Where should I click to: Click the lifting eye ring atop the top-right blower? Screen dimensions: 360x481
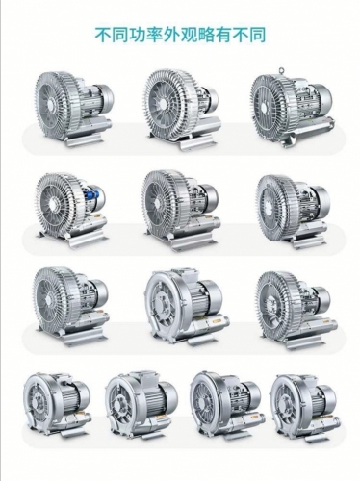[x=282, y=70]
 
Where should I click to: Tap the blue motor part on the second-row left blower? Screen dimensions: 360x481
[x=93, y=195]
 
